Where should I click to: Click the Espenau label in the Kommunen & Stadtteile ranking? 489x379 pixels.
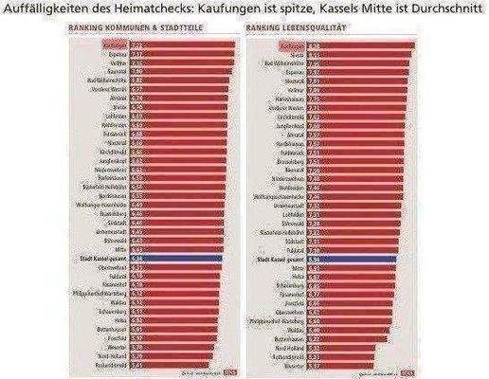(116, 54)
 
